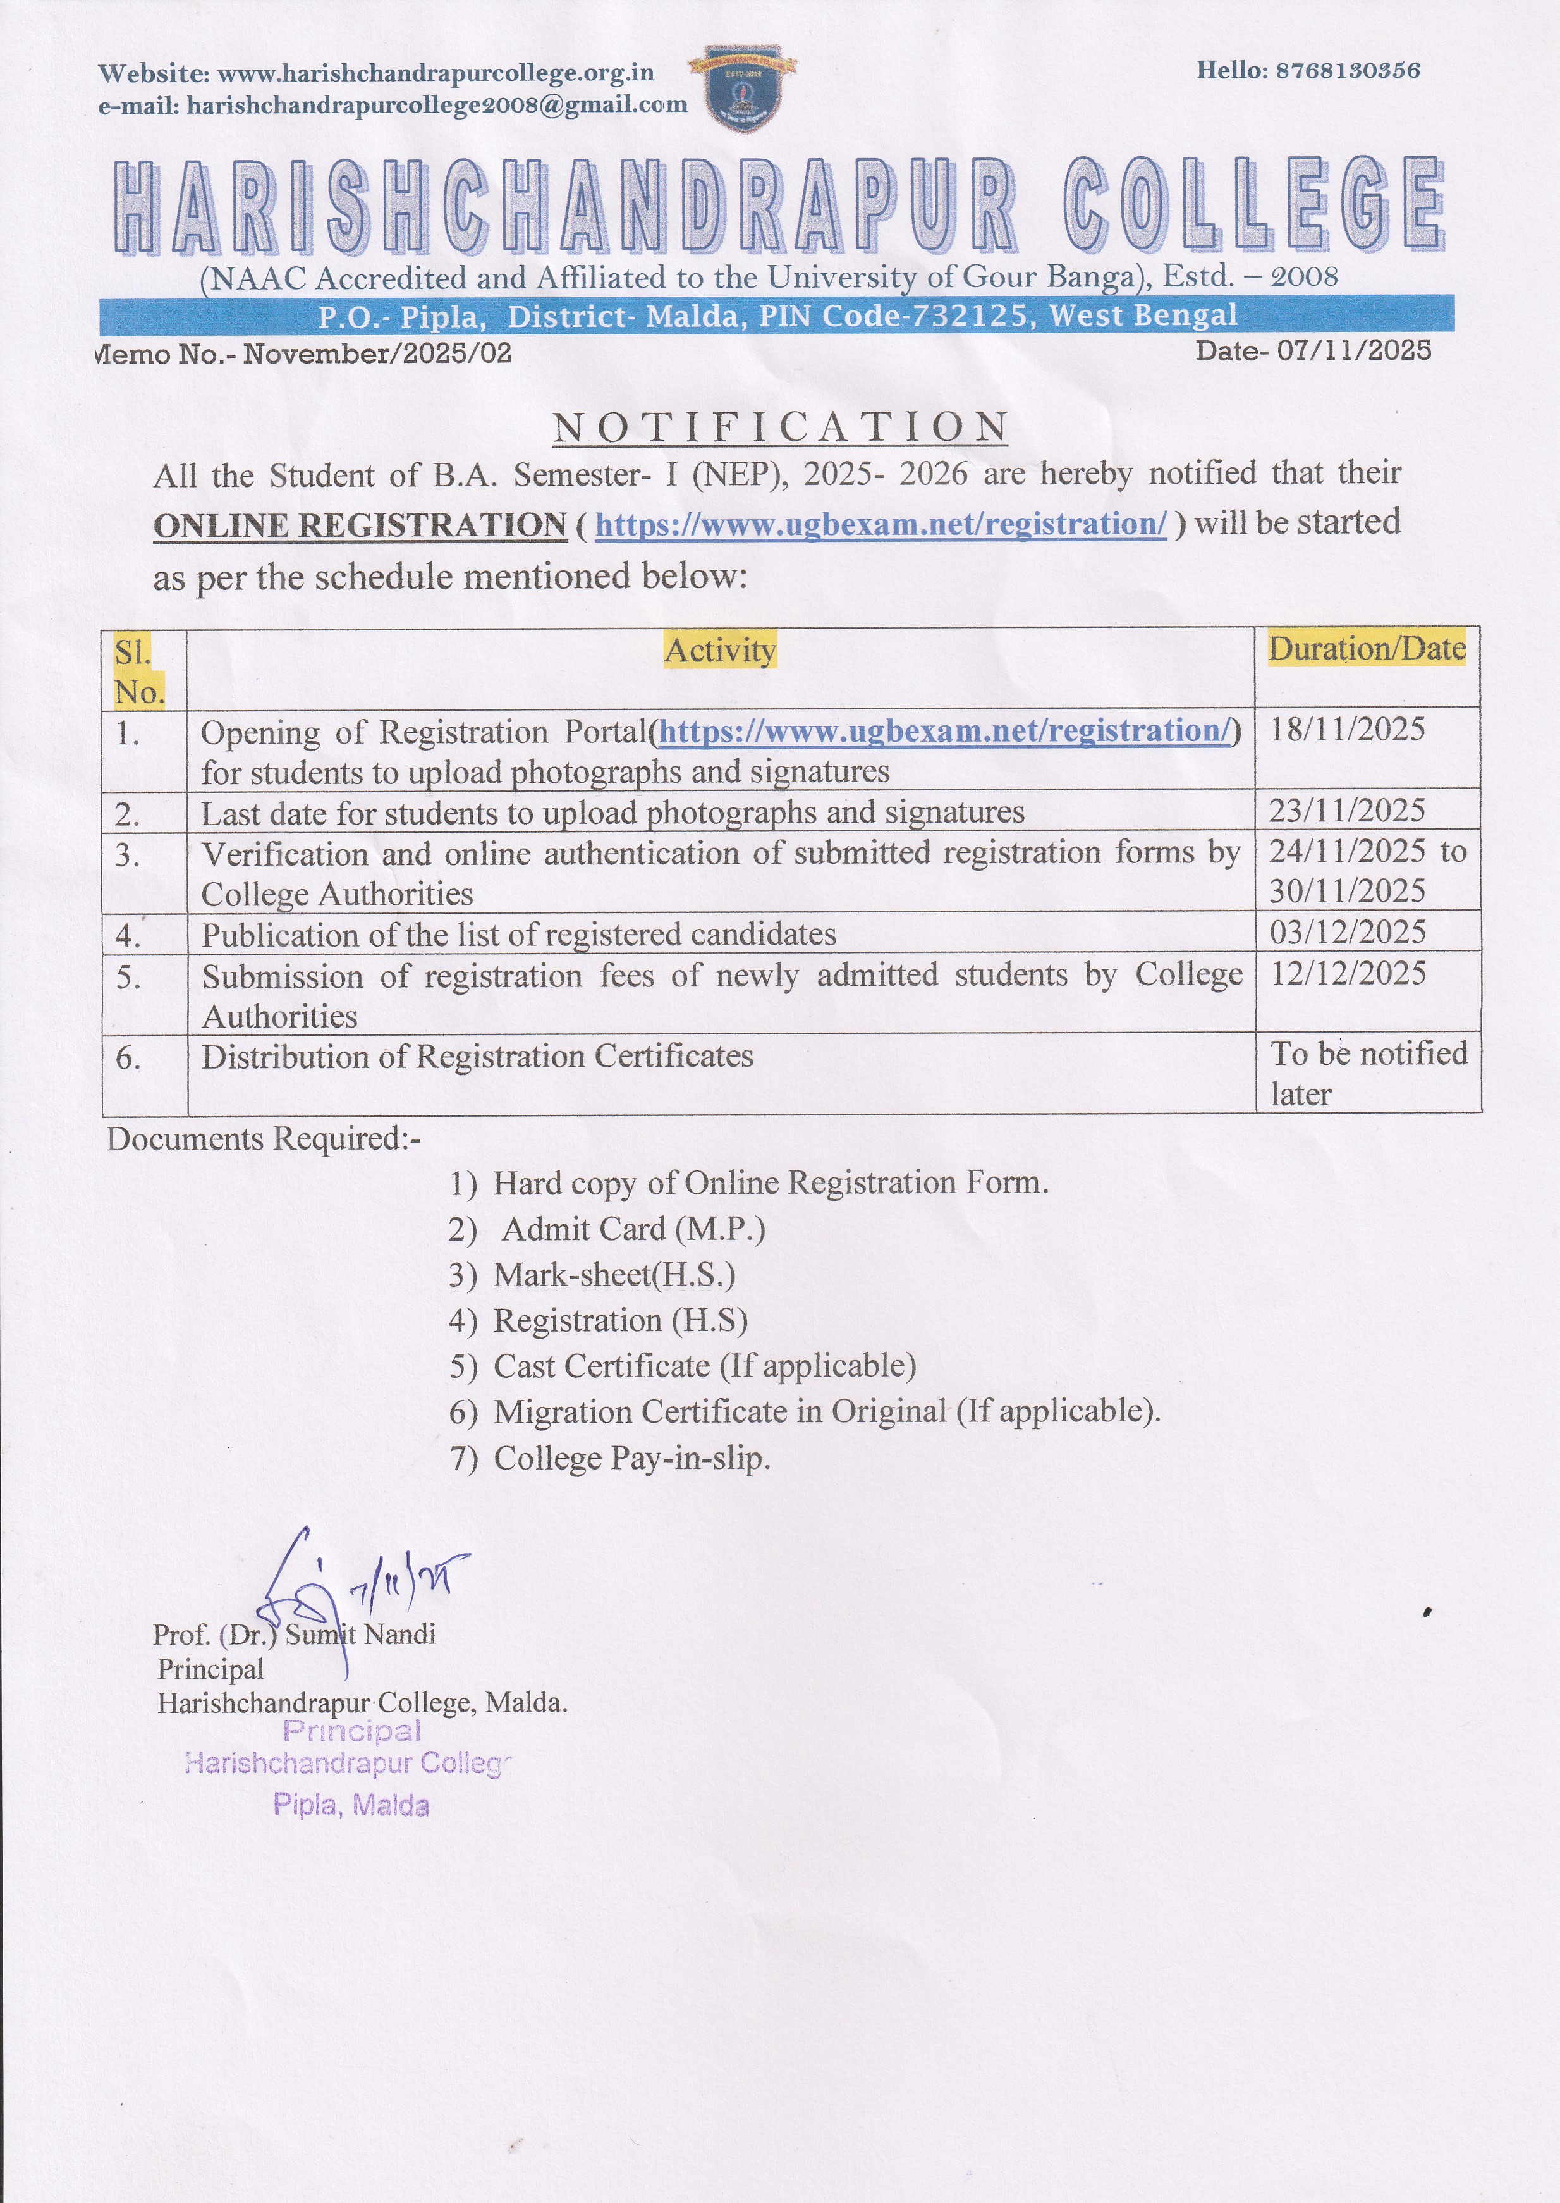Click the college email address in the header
[436, 105]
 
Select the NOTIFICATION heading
[780, 427]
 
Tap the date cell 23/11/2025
[1347, 811]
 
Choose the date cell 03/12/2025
[1347, 932]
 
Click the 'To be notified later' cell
[1367, 1073]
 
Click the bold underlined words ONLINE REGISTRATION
[359, 525]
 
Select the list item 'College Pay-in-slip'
[631, 1458]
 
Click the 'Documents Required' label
[263, 1138]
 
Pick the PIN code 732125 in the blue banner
[977, 316]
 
